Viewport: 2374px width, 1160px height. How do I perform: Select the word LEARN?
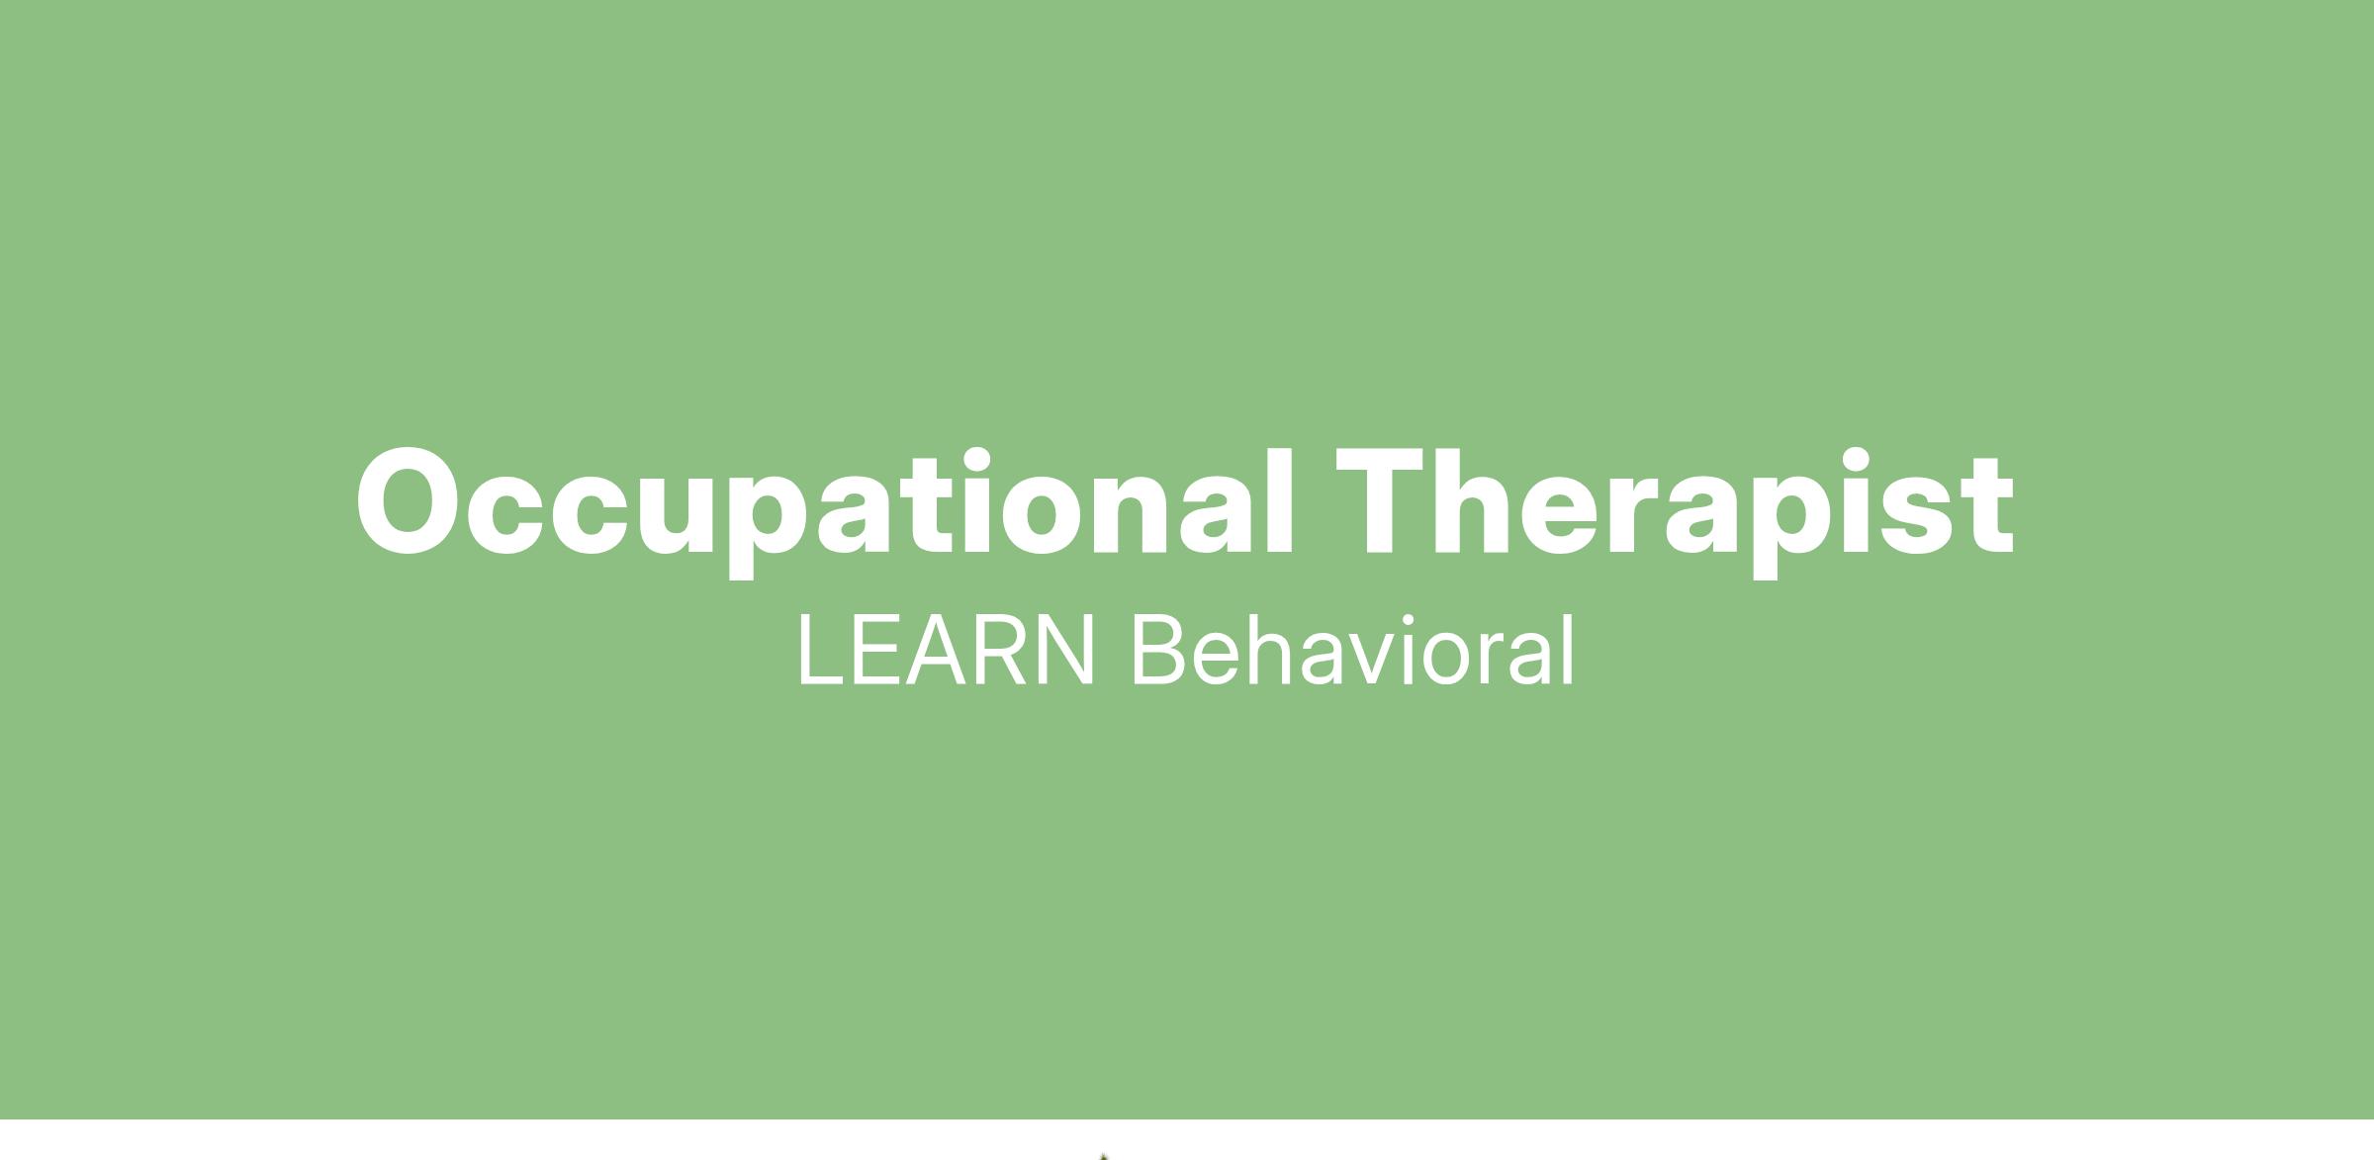(946, 650)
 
